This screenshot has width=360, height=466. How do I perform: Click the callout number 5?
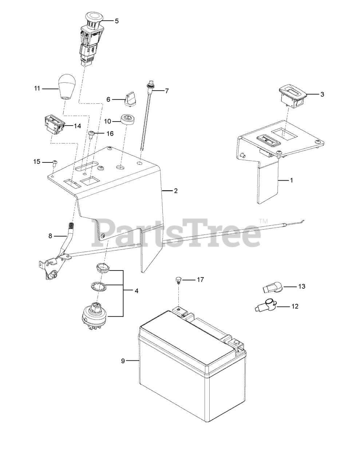click(116, 21)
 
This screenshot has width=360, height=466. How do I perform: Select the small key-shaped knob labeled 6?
click(129, 99)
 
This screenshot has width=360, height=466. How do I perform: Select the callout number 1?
click(291, 180)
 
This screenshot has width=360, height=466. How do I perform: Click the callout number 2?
click(175, 190)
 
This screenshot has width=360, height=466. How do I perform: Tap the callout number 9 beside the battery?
click(123, 361)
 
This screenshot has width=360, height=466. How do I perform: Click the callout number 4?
click(136, 291)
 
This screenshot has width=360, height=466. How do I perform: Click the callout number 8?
click(50, 236)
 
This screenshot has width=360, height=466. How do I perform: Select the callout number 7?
click(167, 91)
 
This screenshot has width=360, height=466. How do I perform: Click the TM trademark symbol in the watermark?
click(263, 221)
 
